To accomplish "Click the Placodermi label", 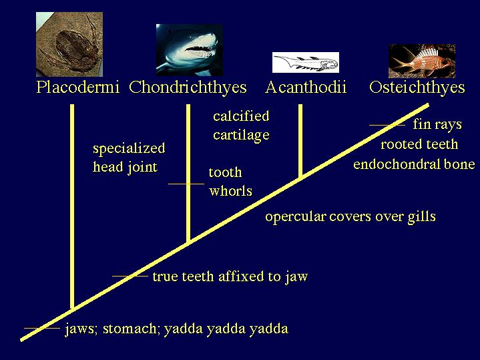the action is click(77, 87).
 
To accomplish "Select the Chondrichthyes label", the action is click(188, 87).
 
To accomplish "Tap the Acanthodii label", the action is click(306, 87).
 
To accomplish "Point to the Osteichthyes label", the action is click(417, 87).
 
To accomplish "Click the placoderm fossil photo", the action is click(69, 45).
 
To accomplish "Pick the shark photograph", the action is click(189, 50).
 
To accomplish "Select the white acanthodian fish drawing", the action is click(306, 63).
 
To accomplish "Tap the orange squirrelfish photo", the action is click(422, 61).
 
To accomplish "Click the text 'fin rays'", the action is click(437, 125).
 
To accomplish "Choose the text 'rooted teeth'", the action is click(419, 144).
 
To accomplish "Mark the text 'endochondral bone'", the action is click(414, 164).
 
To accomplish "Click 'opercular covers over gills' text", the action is click(350, 217).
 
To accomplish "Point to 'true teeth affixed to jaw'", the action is click(230, 277).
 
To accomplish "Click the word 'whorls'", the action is click(230, 191).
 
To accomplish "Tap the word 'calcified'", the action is click(241, 116).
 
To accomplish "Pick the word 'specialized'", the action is click(129, 148).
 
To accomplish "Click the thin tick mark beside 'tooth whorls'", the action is click(186, 184).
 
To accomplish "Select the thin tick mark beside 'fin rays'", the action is click(387, 125).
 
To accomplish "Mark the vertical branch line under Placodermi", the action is click(72, 206).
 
